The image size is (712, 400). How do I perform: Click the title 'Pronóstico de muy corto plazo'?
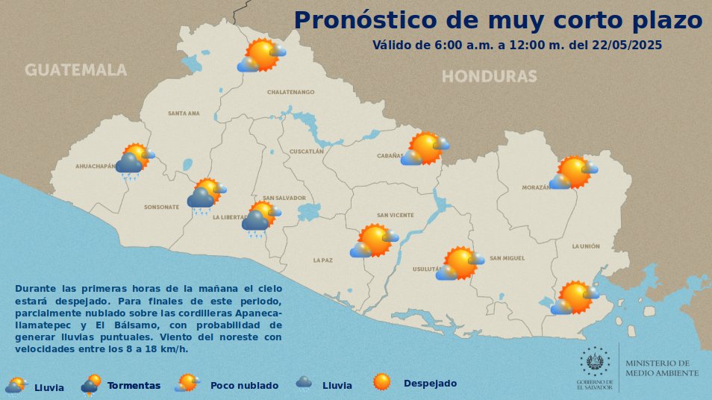pyautogui.click(x=498, y=20)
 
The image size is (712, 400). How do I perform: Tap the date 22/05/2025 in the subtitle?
pyautogui.click(x=626, y=45)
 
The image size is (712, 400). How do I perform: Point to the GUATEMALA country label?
pyautogui.click(x=75, y=70)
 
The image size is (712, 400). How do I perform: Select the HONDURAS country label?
pyautogui.click(x=489, y=76)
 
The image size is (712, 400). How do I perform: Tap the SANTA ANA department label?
pyautogui.click(x=184, y=113)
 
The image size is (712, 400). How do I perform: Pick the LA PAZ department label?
pyautogui.click(x=322, y=260)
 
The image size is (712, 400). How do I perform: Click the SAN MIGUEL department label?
pyautogui.click(x=508, y=258)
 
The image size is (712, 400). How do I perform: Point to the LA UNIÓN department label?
pyautogui.click(x=586, y=246)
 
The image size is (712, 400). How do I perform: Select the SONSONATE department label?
pyautogui.click(x=162, y=207)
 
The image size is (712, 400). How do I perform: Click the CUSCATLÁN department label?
pyautogui.click(x=306, y=151)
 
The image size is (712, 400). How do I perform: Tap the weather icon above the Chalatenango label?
pyautogui.click(x=261, y=55)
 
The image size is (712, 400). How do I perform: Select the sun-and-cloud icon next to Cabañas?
pyautogui.click(x=425, y=149)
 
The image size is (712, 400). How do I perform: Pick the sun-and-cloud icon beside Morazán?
pyautogui.click(x=573, y=172)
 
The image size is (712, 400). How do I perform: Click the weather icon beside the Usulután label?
pyautogui.click(x=459, y=263)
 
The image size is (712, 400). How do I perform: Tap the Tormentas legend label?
pyautogui.click(x=134, y=386)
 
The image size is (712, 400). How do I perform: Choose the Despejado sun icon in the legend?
pyautogui.click(x=382, y=382)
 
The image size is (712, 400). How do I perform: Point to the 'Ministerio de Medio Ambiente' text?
pyautogui.click(x=662, y=368)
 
